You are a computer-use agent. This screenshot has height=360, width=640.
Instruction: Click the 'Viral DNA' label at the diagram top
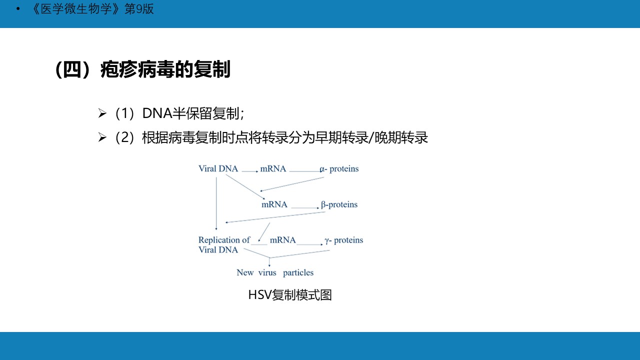click(218, 168)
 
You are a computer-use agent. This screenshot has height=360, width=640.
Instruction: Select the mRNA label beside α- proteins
click(273, 168)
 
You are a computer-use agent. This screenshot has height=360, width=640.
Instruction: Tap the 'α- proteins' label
click(339, 169)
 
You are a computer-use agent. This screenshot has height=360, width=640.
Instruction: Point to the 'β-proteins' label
click(339, 204)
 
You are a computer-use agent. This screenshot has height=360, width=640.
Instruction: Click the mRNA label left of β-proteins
click(274, 204)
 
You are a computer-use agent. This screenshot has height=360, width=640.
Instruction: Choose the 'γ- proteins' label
click(344, 240)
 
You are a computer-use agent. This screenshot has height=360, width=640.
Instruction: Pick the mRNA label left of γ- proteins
click(282, 240)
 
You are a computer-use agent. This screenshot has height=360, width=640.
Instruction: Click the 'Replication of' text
click(224, 239)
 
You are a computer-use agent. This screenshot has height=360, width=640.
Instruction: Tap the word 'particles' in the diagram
click(298, 272)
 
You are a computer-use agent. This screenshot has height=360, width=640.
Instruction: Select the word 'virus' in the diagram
click(267, 272)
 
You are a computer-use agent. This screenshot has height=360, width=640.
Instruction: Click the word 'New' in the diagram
click(245, 272)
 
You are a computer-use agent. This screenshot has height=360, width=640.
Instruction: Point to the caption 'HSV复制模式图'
click(290, 295)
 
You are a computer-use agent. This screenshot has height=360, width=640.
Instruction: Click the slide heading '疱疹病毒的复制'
click(165, 69)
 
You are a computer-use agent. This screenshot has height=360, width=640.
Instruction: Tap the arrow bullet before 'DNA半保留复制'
click(102, 113)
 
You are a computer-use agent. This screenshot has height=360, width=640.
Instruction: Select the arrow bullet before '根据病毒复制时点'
click(102, 137)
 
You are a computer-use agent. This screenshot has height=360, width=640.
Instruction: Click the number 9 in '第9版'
click(139, 9)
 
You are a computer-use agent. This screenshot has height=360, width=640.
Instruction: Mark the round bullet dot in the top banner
click(18, 9)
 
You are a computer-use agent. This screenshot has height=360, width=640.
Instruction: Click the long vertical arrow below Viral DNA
click(216, 203)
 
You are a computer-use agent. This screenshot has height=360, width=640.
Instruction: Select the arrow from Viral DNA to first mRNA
click(250, 171)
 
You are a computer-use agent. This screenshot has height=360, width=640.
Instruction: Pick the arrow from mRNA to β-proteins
click(305, 207)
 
